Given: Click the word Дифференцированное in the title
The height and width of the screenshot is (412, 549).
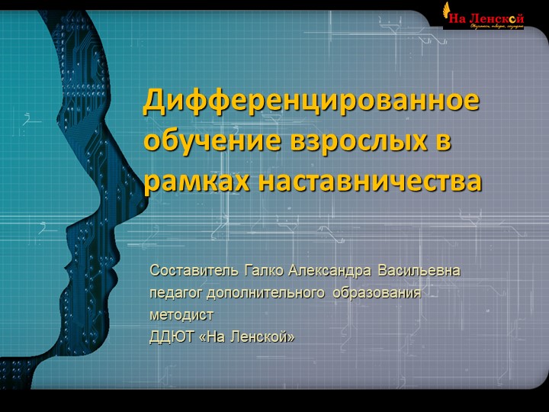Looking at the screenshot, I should [311, 101].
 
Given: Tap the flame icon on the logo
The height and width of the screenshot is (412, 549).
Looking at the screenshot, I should [446, 9].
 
